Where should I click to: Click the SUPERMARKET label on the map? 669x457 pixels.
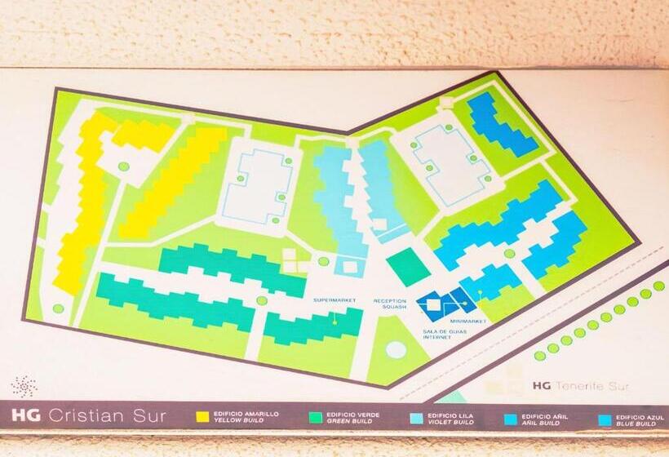coord(334,300)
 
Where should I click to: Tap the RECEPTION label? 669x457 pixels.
coord(389,300)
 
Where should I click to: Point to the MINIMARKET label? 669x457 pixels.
coord(467,322)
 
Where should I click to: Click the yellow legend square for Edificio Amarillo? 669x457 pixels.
coord(202,417)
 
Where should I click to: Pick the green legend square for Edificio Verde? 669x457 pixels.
coord(314,418)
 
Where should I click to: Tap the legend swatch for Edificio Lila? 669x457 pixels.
coord(416,419)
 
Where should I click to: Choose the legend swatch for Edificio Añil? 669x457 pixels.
coord(511,419)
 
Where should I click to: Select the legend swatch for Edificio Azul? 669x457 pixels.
coord(605,420)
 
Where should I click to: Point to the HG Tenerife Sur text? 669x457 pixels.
coord(574,385)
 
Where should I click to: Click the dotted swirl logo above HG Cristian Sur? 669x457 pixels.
coord(24,386)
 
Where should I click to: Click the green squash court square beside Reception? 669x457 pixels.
coord(408,267)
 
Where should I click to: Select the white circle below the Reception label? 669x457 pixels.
coord(396,349)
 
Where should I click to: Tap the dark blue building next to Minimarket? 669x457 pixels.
coord(445,303)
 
